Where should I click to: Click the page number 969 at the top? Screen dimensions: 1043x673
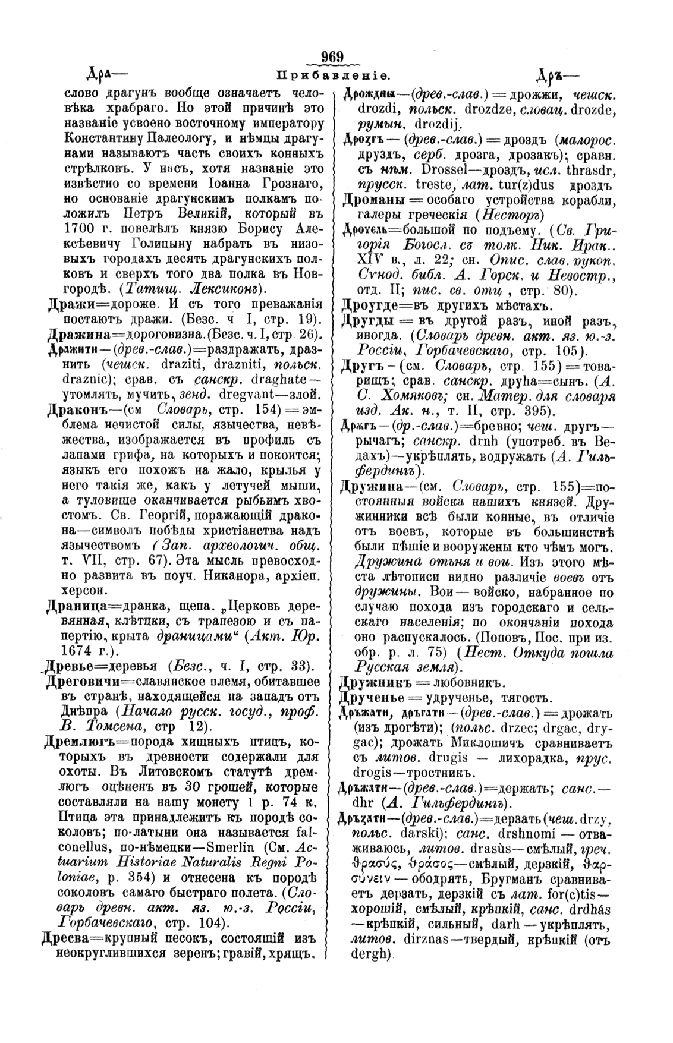tap(333, 58)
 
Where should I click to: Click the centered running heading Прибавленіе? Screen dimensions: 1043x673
tap(334, 76)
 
